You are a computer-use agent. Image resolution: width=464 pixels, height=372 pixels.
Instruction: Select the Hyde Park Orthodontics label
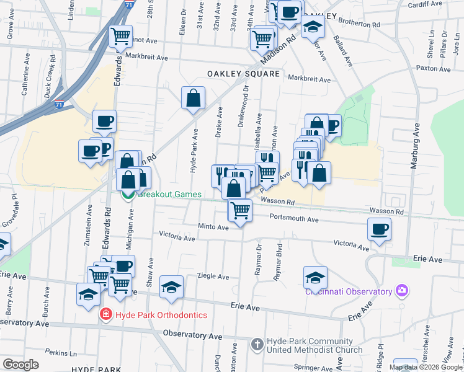coord(163,315)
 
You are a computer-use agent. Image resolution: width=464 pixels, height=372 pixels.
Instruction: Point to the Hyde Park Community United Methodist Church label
coord(314,346)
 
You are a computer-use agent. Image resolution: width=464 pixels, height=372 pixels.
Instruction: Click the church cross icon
coord(257,343)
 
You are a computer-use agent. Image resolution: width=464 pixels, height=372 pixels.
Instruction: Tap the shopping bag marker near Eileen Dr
coord(193,98)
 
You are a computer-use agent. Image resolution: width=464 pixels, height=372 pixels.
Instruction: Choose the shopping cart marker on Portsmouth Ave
coord(240,211)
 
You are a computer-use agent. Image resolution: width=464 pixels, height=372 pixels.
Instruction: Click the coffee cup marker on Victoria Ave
coord(379,229)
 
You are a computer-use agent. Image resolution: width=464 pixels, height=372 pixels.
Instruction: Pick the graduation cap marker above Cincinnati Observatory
coord(315,278)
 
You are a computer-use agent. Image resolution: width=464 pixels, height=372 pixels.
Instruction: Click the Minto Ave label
coord(213,227)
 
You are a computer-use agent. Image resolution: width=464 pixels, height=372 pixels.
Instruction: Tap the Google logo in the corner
coord(20,365)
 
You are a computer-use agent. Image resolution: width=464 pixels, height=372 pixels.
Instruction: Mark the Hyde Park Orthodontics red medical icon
coord(106,314)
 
